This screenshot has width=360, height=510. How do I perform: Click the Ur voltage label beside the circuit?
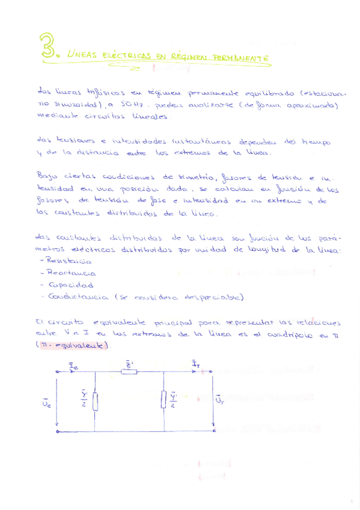[x=220, y=399]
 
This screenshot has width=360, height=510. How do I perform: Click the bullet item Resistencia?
[x=66, y=262]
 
